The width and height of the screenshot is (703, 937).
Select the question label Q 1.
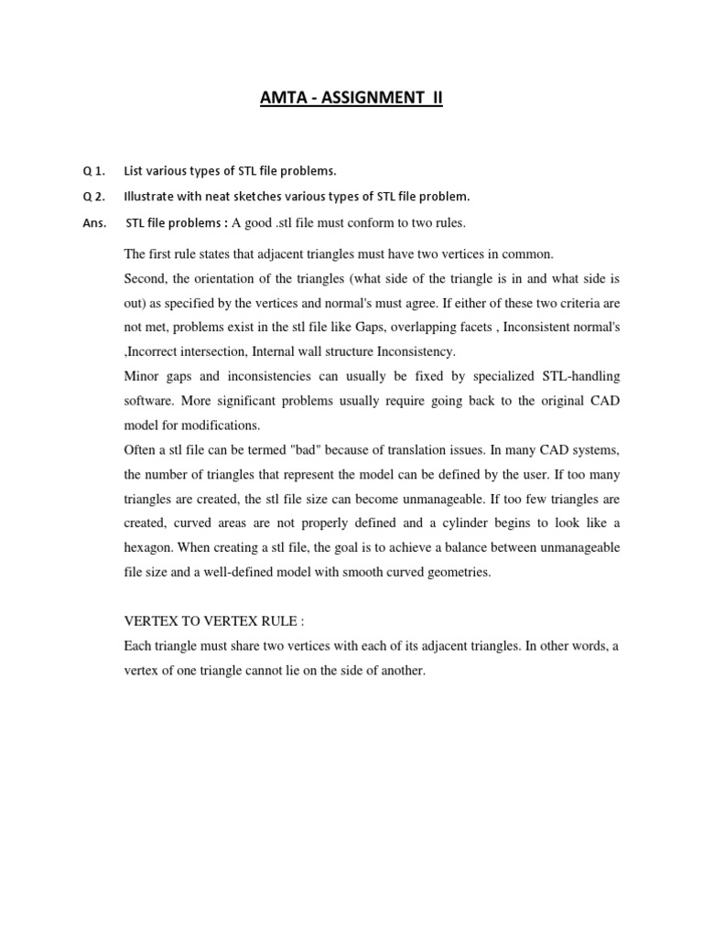(x=94, y=170)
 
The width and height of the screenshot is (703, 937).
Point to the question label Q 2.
(x=94, y=196)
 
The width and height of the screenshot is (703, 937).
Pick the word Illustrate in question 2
(x=150, y=196)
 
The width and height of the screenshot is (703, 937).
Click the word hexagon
(x=150, y=547)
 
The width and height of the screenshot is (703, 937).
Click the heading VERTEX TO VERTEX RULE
(x=213, y=621)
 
